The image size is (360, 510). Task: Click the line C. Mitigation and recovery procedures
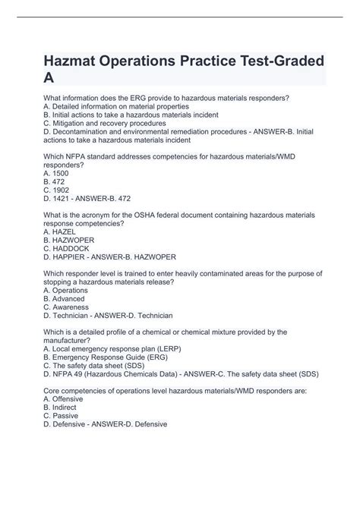105,121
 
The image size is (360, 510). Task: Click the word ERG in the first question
138,97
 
